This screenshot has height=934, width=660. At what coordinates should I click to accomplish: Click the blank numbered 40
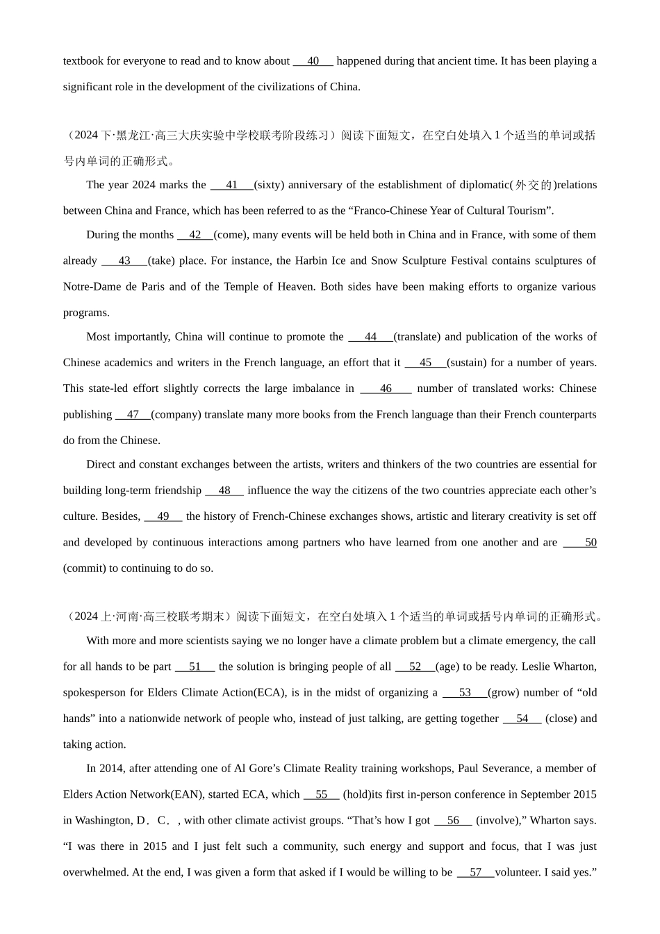313,61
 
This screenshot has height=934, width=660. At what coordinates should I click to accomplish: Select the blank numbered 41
232,185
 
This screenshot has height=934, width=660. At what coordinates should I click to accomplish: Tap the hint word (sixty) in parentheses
268,185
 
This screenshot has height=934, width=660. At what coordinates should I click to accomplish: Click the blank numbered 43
124,261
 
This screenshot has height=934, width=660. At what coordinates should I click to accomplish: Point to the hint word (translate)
417,337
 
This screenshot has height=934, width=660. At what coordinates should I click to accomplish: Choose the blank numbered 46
386,388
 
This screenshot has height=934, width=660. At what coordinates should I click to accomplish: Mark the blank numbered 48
224,491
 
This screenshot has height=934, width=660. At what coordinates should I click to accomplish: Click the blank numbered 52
415,667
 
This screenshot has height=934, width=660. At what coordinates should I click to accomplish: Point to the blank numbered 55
321,795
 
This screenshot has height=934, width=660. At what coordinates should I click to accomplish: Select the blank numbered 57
475,873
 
